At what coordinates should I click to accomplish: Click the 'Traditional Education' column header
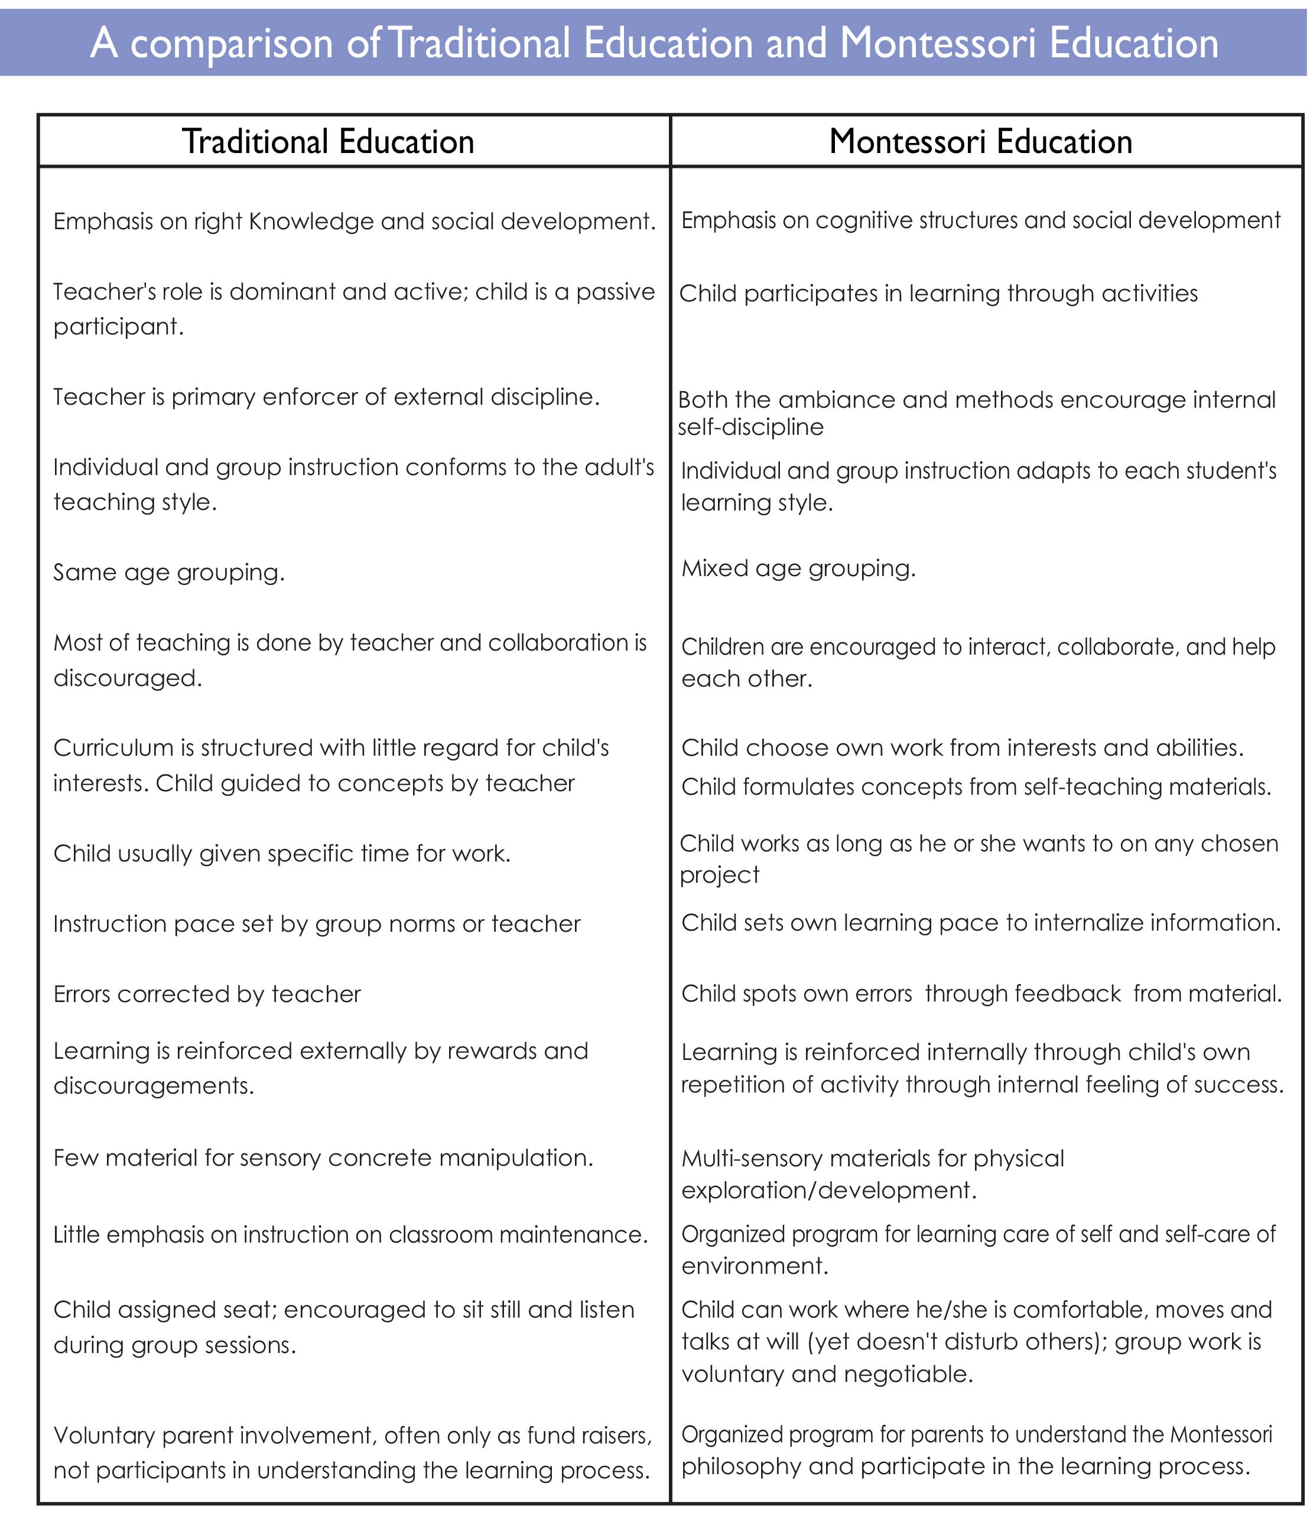click(x=328, y=142)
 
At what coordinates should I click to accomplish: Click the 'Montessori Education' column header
click(x=980, y=142)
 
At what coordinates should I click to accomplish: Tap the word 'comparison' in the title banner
click(x=232, y=43)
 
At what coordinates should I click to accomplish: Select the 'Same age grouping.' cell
click(x=169, y=572)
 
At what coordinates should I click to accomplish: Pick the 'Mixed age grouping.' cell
click(x=799, y=568)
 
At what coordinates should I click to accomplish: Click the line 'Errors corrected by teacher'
click(x=207, y=994)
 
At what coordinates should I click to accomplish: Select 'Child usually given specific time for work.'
click(x=282, y=854)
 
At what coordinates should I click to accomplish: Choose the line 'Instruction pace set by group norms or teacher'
click(x=317, y=923)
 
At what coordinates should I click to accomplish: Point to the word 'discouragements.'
click(x=154, y=1086)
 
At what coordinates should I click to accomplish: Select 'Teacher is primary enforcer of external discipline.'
click(x=326, y=396)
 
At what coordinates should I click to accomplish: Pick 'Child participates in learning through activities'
click(x=938, y=293)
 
